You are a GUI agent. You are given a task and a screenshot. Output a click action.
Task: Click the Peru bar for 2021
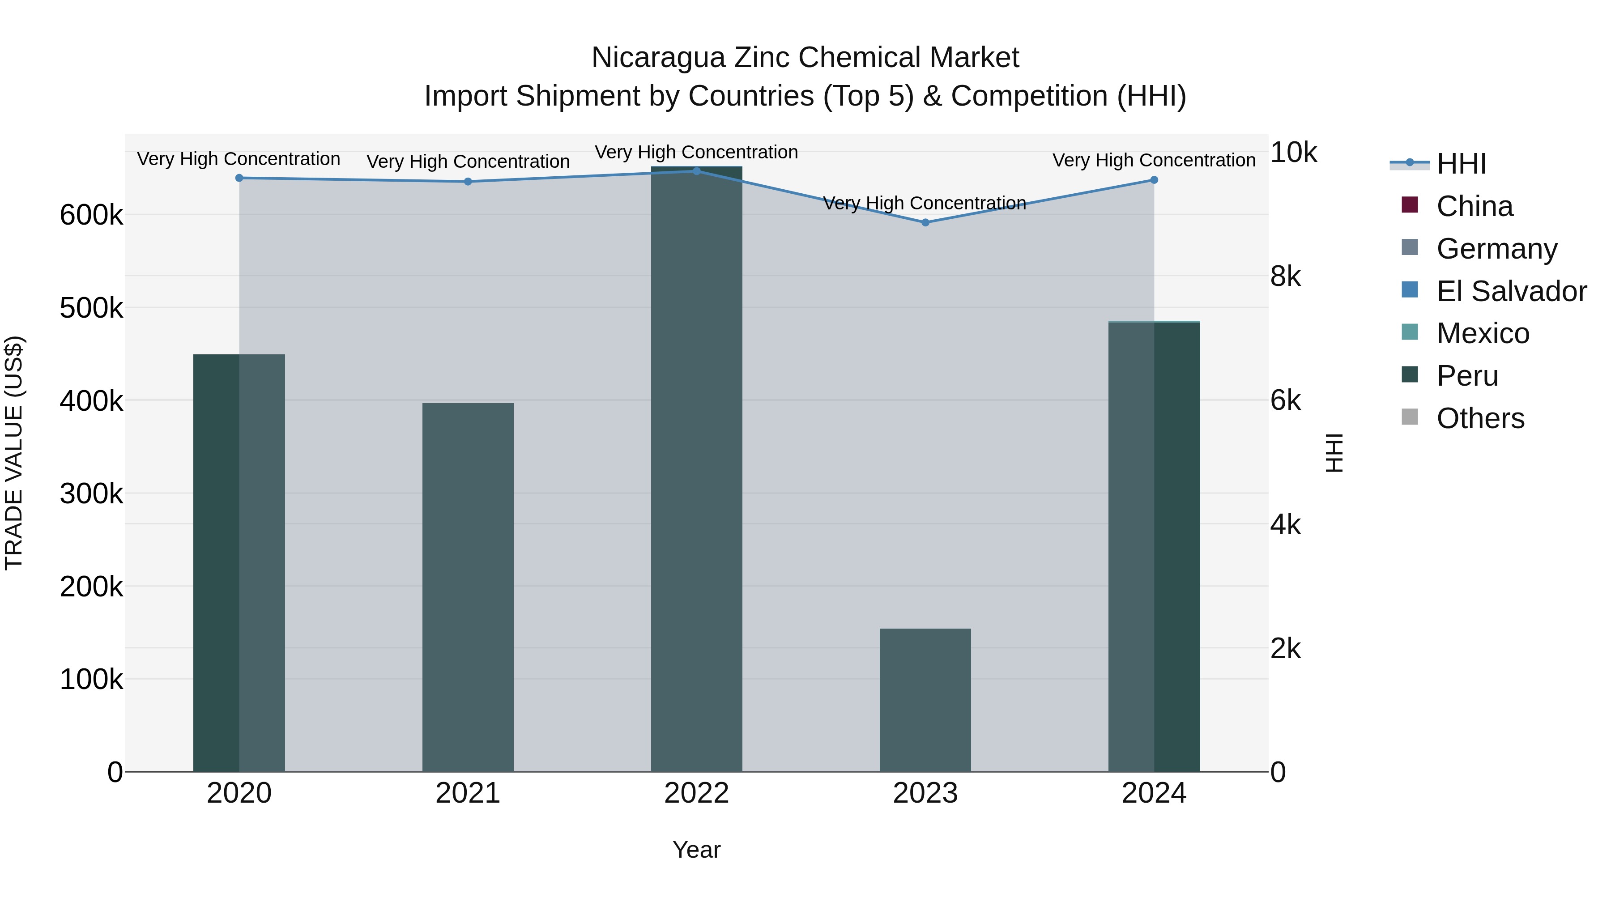[x=468, y=588]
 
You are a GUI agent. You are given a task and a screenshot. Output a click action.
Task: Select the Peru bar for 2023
[x=925, y=700]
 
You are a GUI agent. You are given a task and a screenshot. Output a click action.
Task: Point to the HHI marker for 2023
[x=925, y=223]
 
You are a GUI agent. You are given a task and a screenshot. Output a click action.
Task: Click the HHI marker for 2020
[x=239, y=178]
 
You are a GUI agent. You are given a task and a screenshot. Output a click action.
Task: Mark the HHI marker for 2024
[x=1154, y=180]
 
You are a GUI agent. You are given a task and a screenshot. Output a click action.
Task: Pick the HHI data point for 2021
[x=468, y=182]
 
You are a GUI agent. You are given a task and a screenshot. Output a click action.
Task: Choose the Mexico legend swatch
[x=1410, y=332]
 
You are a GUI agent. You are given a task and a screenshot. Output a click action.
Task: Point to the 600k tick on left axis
[x=91, y=216]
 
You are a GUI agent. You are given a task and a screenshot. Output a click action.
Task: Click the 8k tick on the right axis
[x=1285, y=276]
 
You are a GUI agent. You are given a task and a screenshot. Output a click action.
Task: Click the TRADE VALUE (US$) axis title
[x=14, y=453]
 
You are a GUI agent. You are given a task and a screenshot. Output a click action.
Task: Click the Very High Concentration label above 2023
[x=925, y=203]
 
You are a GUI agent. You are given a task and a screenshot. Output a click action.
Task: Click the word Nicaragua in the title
[x=658, y=58]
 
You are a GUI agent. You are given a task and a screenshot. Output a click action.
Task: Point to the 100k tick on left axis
[x=91, y=680]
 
